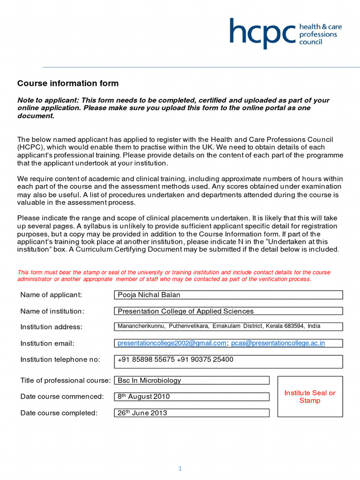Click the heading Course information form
point(68,83)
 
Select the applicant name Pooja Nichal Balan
point(149,295)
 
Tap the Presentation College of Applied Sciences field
point(185,311)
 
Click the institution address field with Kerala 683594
point(219,326)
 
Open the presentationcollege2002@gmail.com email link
point(172,343)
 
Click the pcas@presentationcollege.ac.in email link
point(278,343)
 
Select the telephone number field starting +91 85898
point(175,360)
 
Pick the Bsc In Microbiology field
point(149,380)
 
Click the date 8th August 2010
point(143,397)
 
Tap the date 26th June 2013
point(142,413)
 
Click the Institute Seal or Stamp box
point(310,397)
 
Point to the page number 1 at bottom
point(180,469)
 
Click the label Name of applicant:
point(51,295)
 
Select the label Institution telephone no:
point(60,360)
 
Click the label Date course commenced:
point(62,397)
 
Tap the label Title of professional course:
point(66,380)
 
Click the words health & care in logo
point(320,27)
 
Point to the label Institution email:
point(47,343)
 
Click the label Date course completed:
point(59,413)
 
